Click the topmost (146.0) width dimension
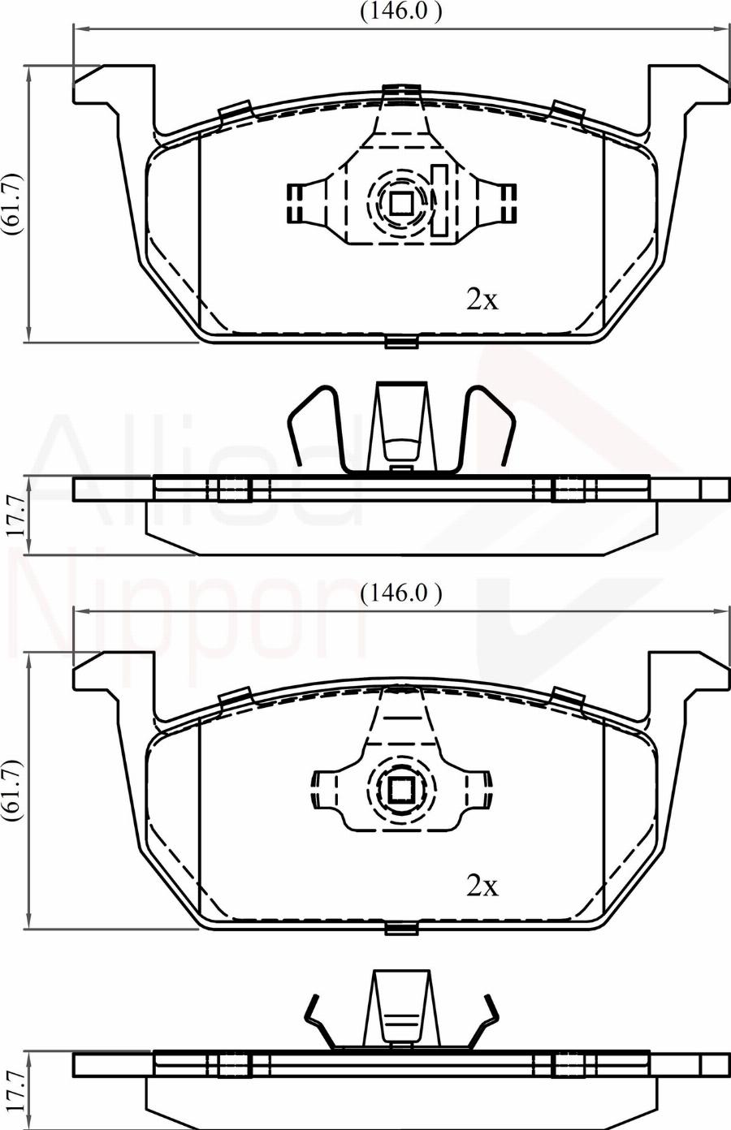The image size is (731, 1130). [x=400, y=11]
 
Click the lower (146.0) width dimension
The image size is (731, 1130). [x=400, y=593]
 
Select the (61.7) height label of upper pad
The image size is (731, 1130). [x=13, y=204]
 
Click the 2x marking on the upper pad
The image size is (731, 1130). [x=481, y=300]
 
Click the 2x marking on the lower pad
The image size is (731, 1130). [x=481, y=886]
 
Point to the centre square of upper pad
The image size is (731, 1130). [x=401, y=202]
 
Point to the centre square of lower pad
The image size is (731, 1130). [x=401, y=789]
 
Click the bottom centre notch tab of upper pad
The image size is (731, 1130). [x=401, y=343]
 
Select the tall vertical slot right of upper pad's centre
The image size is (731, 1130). [x=439, y=200]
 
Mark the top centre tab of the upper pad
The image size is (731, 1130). [x=402, y=93]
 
